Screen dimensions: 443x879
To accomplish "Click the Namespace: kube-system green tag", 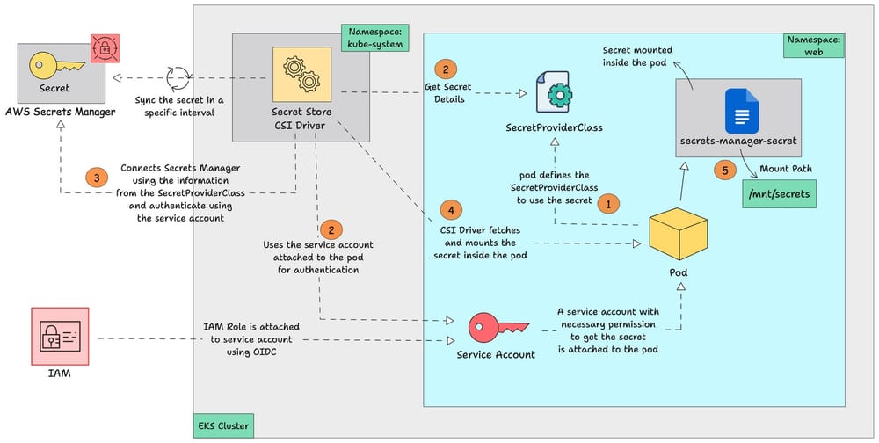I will pos(375,37).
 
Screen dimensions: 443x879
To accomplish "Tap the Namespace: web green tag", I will pos(814,47).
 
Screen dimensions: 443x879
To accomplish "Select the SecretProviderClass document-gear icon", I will pos(552,92).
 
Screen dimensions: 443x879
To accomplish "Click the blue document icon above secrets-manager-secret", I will pos(737,111).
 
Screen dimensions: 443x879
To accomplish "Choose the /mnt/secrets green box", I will pos(779,193).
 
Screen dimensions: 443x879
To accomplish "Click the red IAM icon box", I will pos(60,337).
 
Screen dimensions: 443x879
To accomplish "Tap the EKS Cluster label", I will pos(223,426).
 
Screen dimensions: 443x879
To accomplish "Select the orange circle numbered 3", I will pos(98,177).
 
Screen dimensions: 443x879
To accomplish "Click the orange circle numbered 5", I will pos(725,171).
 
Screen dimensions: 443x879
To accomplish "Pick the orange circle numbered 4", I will pos(450,210).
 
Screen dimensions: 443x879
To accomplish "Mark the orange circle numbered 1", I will pos(607,203).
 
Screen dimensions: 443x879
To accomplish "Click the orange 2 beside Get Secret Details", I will pos(445,68).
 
